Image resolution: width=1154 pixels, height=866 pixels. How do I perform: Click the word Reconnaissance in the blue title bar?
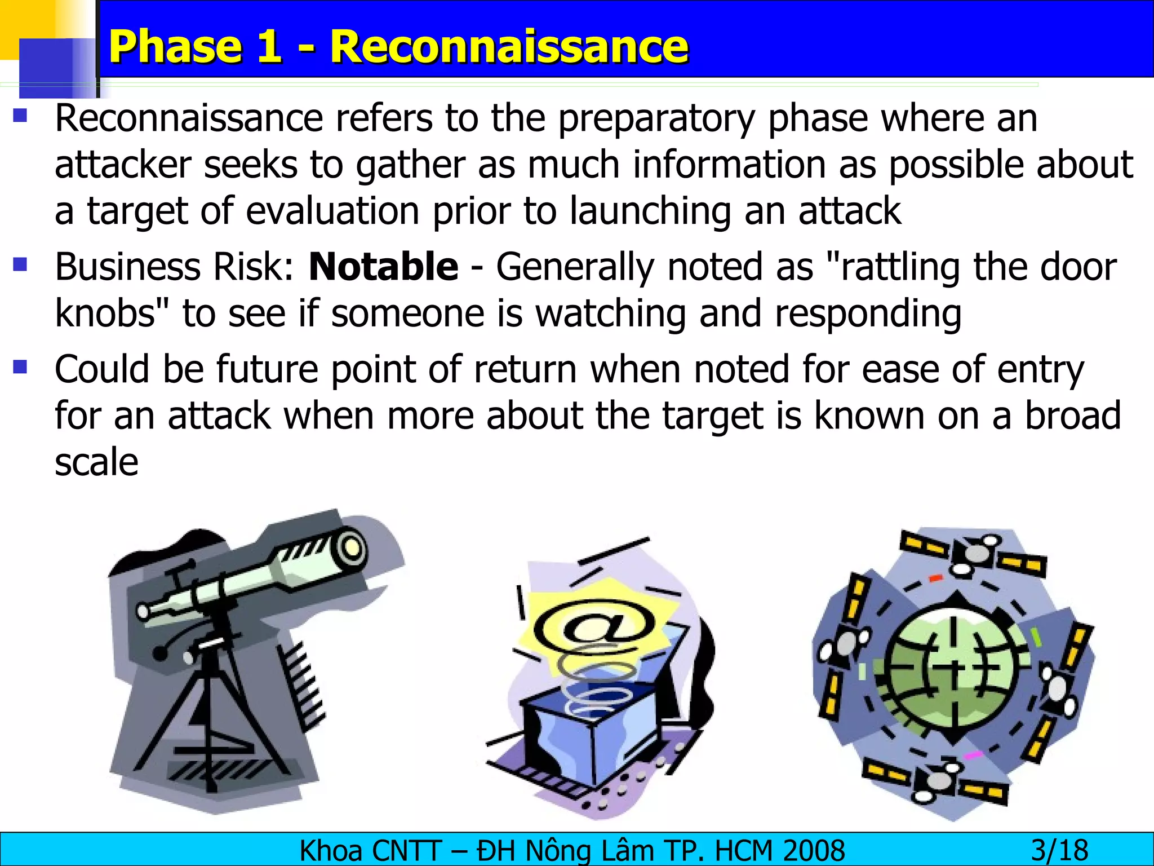509,46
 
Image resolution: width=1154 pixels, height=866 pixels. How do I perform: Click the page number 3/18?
1059,850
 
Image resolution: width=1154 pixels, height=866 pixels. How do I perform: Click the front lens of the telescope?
352,547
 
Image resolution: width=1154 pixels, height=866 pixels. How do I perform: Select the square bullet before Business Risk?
21,264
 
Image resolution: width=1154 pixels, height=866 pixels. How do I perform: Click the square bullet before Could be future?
21,367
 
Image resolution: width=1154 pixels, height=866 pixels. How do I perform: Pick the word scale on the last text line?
96,462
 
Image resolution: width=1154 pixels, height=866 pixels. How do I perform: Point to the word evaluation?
332,211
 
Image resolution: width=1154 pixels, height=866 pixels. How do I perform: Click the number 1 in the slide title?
267,46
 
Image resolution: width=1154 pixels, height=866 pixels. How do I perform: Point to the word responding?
868,313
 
